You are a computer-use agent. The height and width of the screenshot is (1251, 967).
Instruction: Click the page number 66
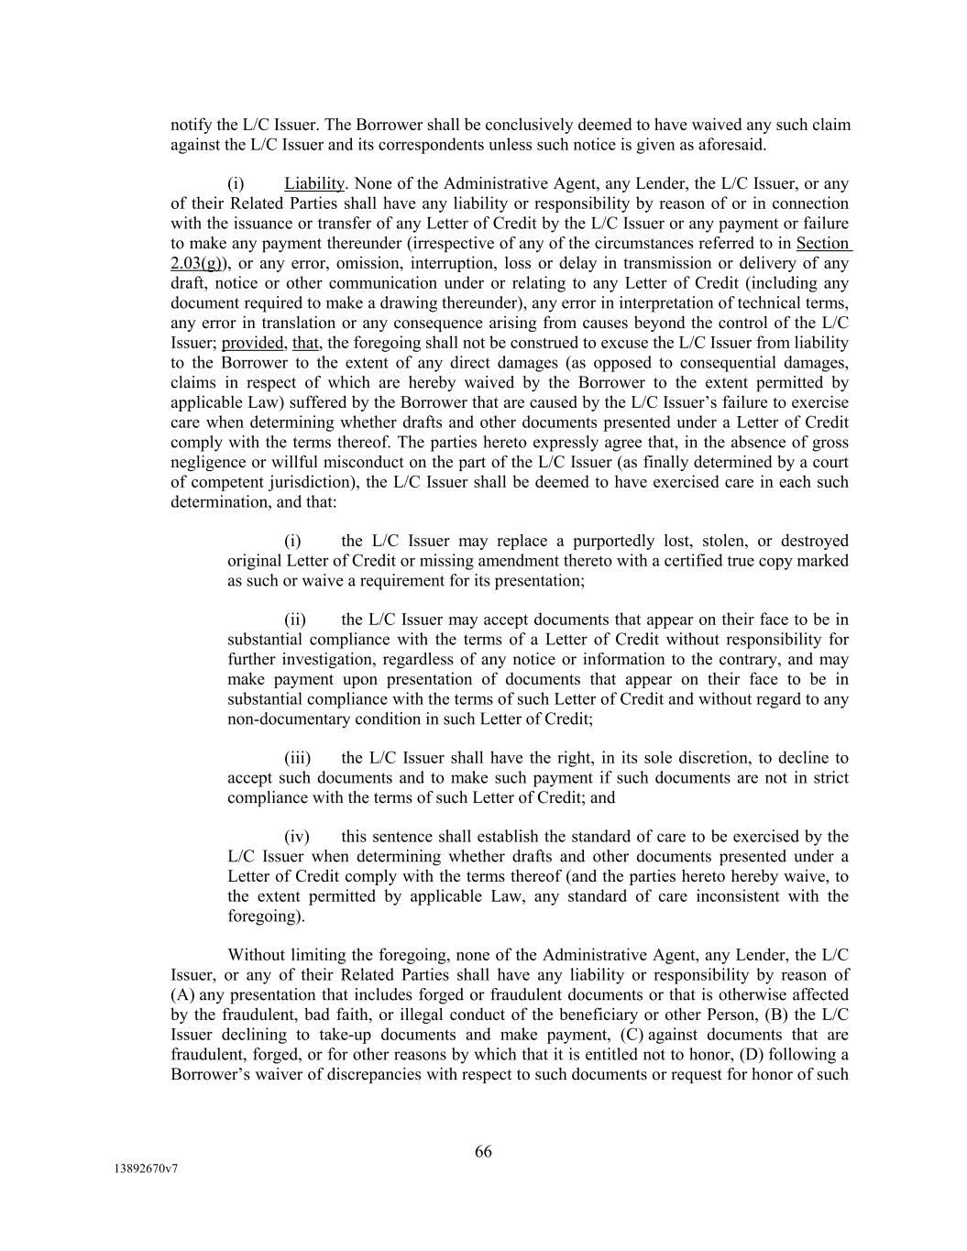[483, 1152]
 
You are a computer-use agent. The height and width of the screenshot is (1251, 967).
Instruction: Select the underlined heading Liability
[313, 184]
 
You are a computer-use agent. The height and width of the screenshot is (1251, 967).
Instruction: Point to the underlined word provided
[252, 343]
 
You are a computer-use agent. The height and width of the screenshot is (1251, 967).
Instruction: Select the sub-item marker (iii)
[297, 758]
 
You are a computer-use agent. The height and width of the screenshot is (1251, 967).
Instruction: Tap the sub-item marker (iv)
[296, 837]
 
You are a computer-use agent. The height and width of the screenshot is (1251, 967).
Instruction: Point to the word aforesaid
[732, 145]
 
